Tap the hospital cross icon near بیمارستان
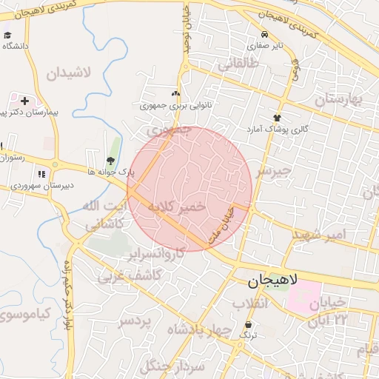tap(24, 100)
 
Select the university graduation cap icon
tap(7, 35)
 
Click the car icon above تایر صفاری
tap(264, 35)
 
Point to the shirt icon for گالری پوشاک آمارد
tap(278, 118)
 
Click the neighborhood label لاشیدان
tap(68, 73)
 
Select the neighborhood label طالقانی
tap(238, 65)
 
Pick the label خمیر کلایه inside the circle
tap(176, 208)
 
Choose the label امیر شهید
tap(318, 235)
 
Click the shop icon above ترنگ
tap(247, 325)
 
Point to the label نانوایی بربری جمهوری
tap(177, 105)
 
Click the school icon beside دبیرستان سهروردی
tap(41, 174)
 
